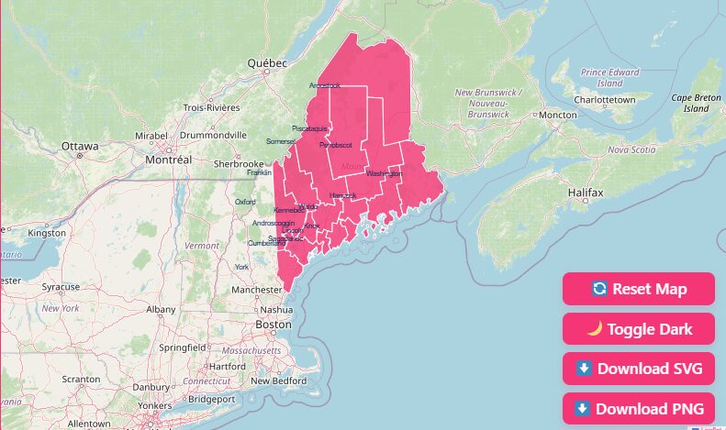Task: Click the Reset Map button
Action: point(639,289)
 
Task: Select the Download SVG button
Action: point(639,369)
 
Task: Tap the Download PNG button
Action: point(639,408)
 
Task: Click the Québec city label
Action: point(267,63)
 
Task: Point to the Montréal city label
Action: point(168,160)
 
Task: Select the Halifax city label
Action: point(585,193)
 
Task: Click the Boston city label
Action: point(274,325)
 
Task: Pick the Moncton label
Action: point(557,115)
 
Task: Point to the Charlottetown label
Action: point(604,99)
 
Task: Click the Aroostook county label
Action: point(325,85)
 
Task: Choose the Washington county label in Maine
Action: point(384,173)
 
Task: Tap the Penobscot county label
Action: point(336,146)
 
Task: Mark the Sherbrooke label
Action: point(239,163)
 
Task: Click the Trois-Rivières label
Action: point(211,107)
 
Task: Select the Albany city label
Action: point(161,310)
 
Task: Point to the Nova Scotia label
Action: point(631,149)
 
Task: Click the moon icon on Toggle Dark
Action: point(595,328)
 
